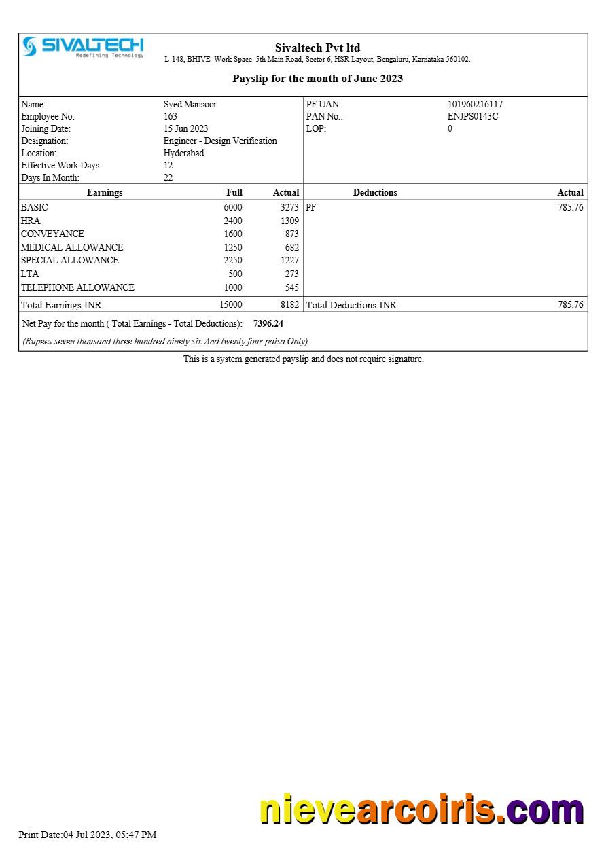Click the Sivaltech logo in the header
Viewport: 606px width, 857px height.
tap(83, 47)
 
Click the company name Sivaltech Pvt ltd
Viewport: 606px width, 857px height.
tap(317, 48)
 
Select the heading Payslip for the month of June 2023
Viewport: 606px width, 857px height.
tap(317, 79)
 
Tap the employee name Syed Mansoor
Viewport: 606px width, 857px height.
tap(190, 105)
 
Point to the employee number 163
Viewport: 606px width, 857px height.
tap(170, 117)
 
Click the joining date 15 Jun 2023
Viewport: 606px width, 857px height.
tap(185, 129)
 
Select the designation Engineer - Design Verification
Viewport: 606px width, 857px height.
tap(220, 141)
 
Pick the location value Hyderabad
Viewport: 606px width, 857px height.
tap(183, 153)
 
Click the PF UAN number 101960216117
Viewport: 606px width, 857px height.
tap(475, 105)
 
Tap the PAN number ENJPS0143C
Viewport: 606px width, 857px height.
tap(472, 117)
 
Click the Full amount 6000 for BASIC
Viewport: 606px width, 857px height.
tap(232, 208)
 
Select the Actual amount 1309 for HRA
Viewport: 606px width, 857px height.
tap(289, 221)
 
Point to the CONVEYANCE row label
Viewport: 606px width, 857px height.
tap(52, 234)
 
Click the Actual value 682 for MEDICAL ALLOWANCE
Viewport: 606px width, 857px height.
tap(291, 248)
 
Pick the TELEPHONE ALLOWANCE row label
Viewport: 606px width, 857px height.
tap(77, 288)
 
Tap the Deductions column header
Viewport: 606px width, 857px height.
tap(375, 193)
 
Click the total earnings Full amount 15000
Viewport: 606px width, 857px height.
tap(230, 305)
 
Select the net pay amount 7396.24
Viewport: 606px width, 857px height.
tap(268, 324)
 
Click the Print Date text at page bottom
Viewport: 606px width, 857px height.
tap(87, 835)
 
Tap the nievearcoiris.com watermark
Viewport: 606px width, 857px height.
tap(421, 810)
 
